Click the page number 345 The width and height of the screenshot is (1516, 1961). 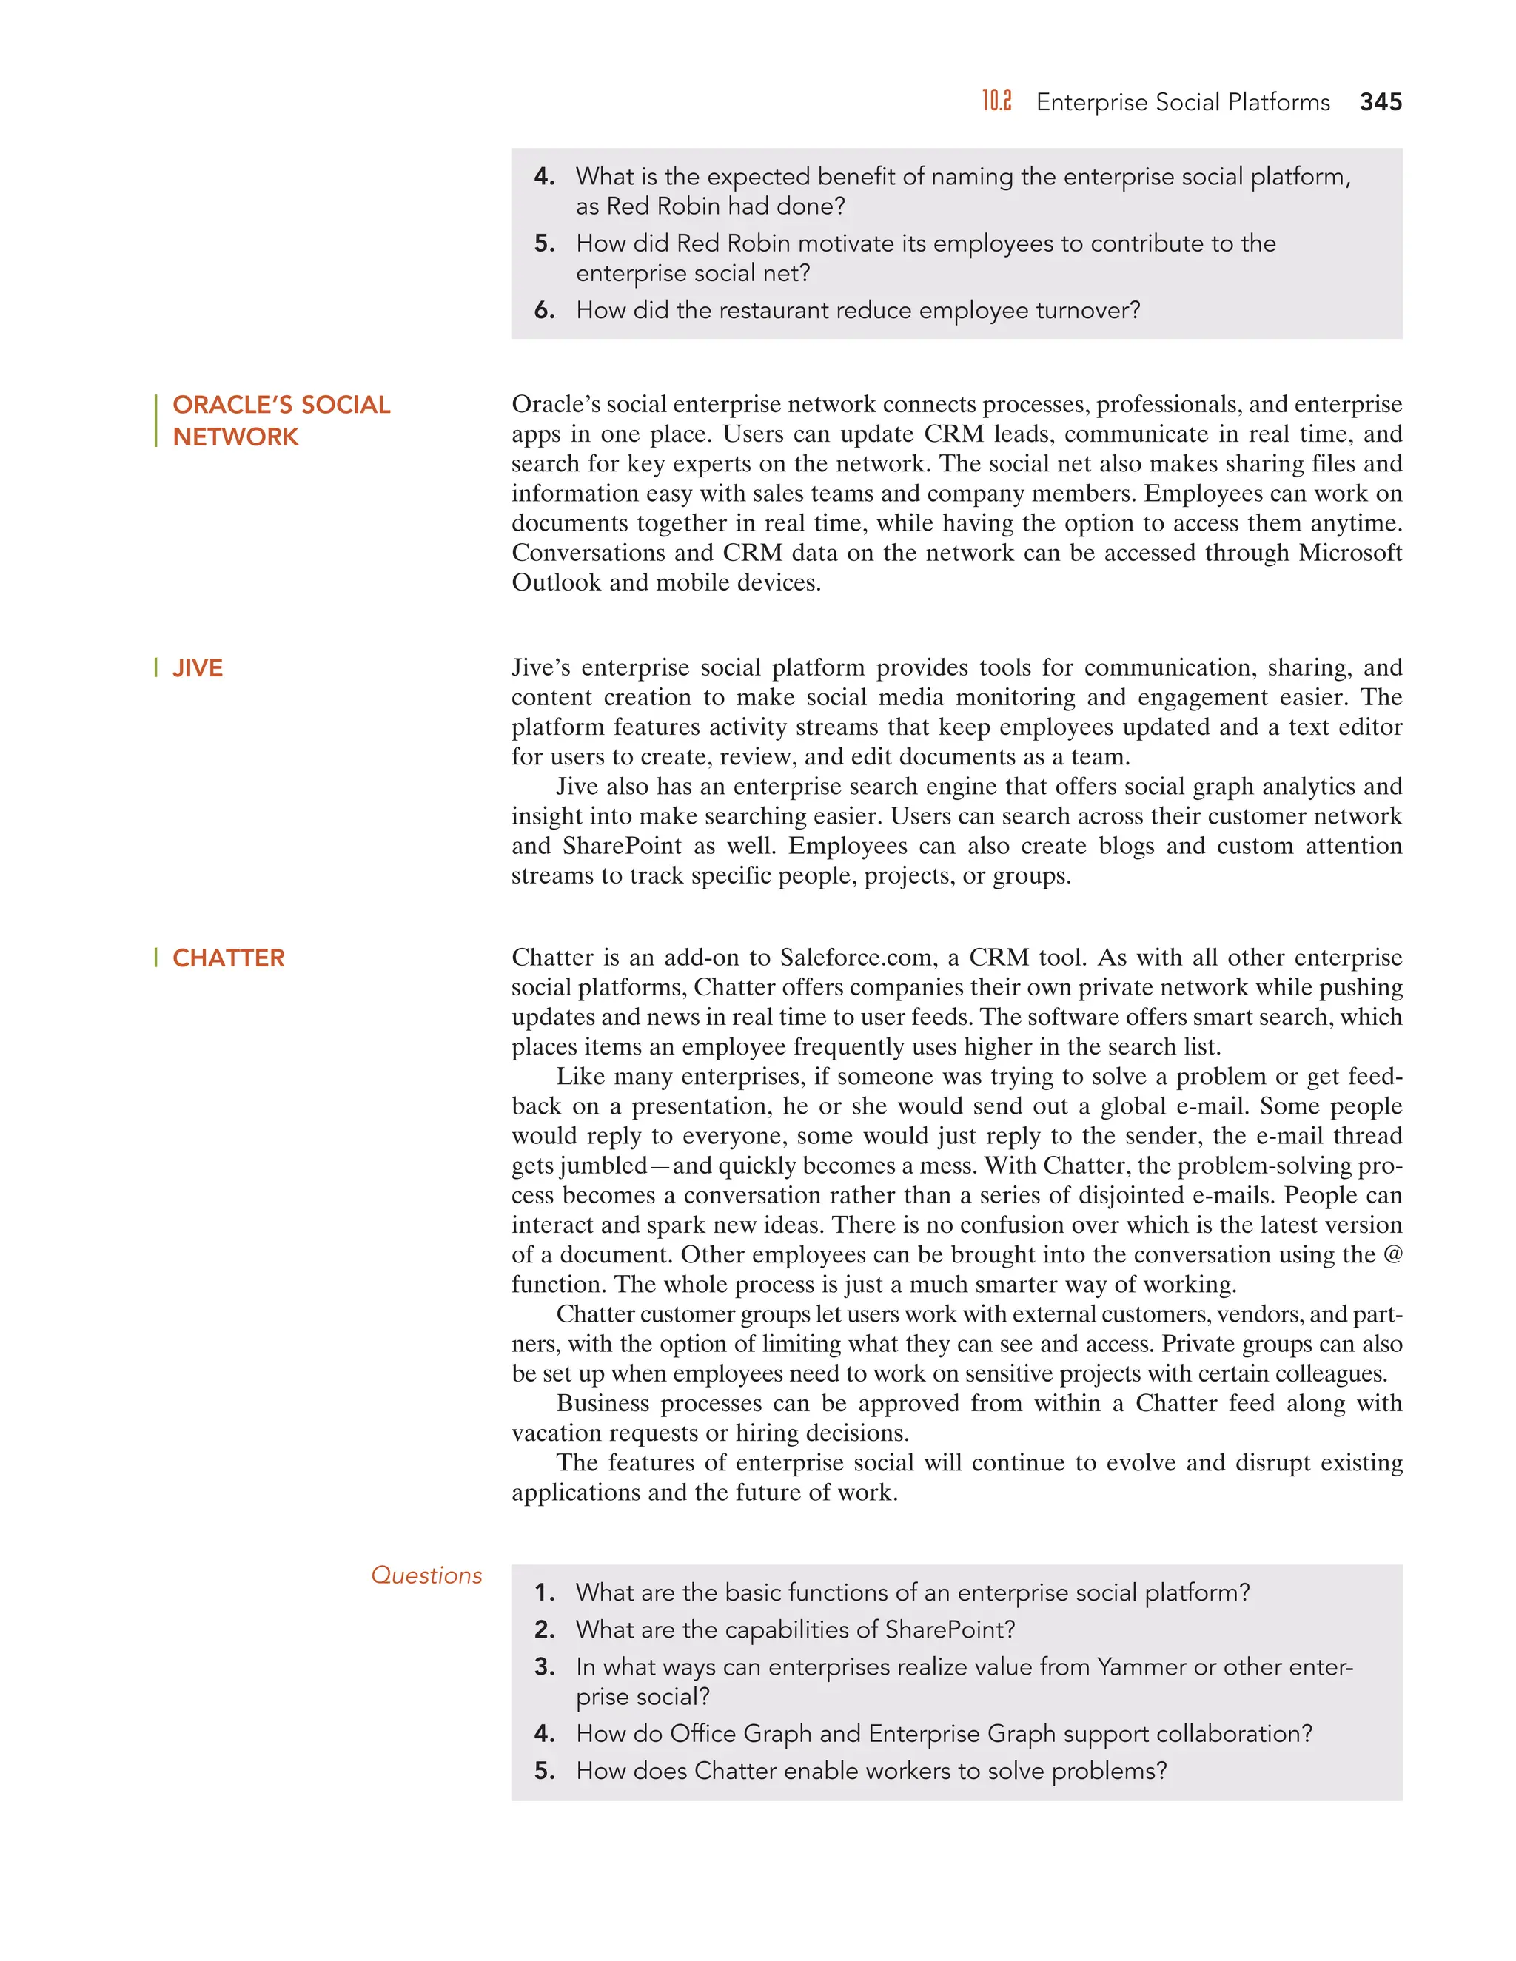[1380, 102]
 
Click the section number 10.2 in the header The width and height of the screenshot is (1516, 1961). [996, 101]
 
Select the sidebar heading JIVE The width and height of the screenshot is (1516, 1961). [198, 668]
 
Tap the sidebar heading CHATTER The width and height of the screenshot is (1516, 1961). [228, 958]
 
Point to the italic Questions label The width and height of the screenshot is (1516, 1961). [426, 1575]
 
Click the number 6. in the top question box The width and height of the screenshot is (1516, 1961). [544, 311]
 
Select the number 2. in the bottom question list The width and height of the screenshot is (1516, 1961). [544, 1629]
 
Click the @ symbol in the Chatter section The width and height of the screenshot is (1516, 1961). [1392, 1254]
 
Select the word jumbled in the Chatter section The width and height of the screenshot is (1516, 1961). [603, 1165]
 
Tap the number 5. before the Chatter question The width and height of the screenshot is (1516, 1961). [544, 1771]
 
